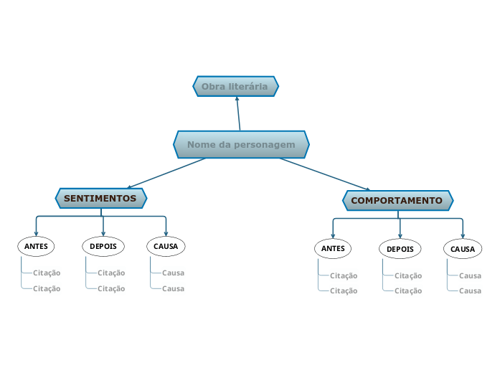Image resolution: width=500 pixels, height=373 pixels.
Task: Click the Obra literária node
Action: (x=235, y=87)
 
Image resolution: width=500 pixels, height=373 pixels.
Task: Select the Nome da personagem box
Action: (x=241, y=145)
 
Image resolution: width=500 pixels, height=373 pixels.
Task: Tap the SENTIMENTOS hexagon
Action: (x=100, y=198)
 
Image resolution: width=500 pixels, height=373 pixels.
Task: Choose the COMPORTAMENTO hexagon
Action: (x=397, y=201)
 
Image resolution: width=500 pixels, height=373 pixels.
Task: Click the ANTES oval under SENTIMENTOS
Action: (x=36, y=246)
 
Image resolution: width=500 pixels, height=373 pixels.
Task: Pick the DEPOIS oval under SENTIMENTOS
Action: (x=103, y=246)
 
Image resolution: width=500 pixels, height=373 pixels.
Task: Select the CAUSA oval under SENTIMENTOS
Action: (x=166, y=246)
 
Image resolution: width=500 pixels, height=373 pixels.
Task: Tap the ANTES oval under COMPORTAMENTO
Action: (x=333, y=249)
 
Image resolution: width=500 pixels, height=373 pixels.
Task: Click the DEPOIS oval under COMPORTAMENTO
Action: (x=400, y=250)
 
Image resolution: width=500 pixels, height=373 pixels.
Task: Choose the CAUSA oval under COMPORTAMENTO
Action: (x=463, y=250)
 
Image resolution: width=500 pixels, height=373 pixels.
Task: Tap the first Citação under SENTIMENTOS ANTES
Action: (x=47, y=273)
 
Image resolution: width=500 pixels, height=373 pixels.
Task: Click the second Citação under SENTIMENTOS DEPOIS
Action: (x=111, y=288)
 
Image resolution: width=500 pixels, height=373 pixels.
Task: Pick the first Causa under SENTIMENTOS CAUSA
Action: (x=173, y=273)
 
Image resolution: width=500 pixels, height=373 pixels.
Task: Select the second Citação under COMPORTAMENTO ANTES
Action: (x=343, y=291)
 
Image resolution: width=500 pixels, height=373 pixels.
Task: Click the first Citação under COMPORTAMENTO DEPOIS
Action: (x=408, y=275)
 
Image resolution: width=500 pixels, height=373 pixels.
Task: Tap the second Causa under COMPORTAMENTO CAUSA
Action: (x=470, y=291)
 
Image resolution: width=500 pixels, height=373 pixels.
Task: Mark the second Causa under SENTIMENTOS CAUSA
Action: (x=173, y=288)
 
